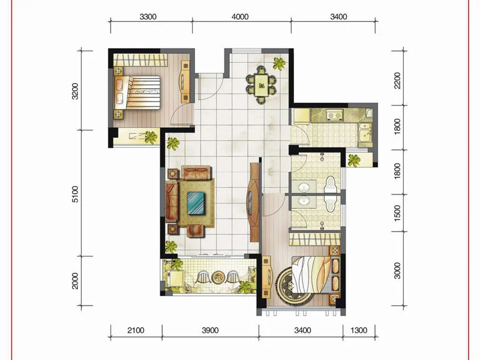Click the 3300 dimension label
148,17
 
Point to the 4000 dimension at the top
240,17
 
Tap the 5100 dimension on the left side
75,194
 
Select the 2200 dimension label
397,80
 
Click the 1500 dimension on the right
397,214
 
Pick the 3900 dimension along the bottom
211,331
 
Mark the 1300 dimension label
358,331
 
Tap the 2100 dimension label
136,331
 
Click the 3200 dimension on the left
75,91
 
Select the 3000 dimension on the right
397,271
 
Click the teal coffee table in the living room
196,203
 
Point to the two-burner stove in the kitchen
334,115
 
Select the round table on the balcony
218,277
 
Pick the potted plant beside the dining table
279,64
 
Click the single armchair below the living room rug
196,231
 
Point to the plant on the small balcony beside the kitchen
354,160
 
